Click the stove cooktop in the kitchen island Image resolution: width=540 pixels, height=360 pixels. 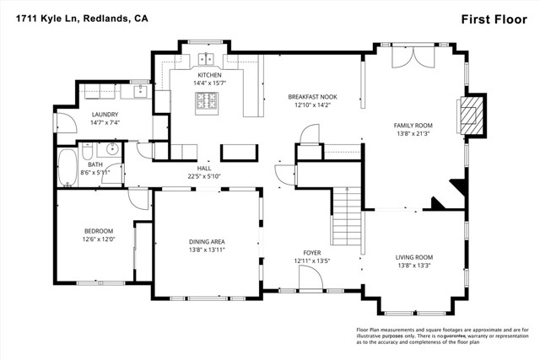(x=207, y=102)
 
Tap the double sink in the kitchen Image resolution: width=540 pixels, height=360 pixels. (x=207, y=60)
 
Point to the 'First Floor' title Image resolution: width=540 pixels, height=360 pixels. (x=486, y=19)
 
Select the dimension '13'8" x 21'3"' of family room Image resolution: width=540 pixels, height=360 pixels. (x=413, y=133)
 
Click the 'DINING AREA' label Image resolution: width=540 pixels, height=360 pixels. (x=207, y=242)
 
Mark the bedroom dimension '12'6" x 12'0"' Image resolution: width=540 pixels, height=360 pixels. (x=98, y=239)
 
